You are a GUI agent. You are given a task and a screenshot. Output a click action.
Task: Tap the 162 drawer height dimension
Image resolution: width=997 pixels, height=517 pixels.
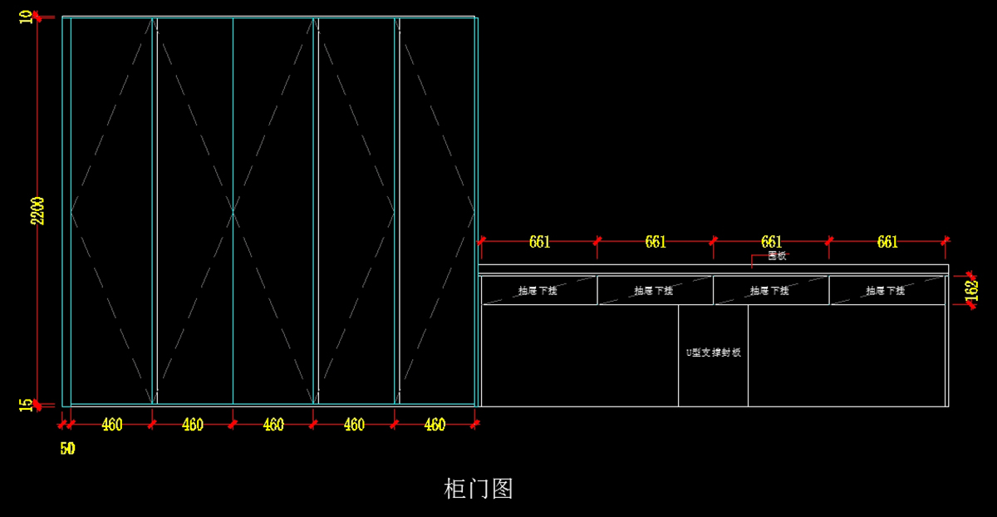[x=971, y=289]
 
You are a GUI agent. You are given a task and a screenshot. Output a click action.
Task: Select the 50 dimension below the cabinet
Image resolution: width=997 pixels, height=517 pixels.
[x=67, y=449]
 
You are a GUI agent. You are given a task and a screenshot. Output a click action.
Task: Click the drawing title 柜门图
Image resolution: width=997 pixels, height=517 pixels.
[x=479, y=489]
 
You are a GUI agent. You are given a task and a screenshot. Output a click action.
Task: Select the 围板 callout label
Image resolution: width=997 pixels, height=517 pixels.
[x=776, y=256]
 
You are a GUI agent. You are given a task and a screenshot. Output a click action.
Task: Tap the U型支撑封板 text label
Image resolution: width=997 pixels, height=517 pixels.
[x=713, y=352]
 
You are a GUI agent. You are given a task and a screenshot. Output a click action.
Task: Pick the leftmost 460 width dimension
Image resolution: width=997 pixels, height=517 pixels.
[x=112, y=425]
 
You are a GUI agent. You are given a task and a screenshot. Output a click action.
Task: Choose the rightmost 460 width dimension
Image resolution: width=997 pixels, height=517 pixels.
[x=435, y=425]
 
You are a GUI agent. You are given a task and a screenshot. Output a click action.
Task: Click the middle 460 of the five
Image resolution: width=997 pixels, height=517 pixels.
[x=273, y=425]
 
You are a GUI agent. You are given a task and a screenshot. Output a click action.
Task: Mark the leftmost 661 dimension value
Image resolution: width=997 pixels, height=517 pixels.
[x=539, y=242]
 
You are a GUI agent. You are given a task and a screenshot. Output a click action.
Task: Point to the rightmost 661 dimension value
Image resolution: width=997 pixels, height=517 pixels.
[x=887, y=242]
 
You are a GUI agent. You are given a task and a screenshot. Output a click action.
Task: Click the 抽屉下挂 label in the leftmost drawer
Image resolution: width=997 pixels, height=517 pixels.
[x=538, y=291]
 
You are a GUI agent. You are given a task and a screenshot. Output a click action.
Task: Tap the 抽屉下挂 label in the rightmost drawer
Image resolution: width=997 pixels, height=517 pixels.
[x=886, y=291]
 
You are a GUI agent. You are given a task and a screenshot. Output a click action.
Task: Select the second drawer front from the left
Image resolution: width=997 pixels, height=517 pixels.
[x=655, y=291]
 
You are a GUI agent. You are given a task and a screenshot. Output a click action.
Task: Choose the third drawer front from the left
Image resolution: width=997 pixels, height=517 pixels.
[x=771, y=291]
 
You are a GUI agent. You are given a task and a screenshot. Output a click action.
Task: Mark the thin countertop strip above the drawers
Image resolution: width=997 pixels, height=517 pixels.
[x=713, y=268]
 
